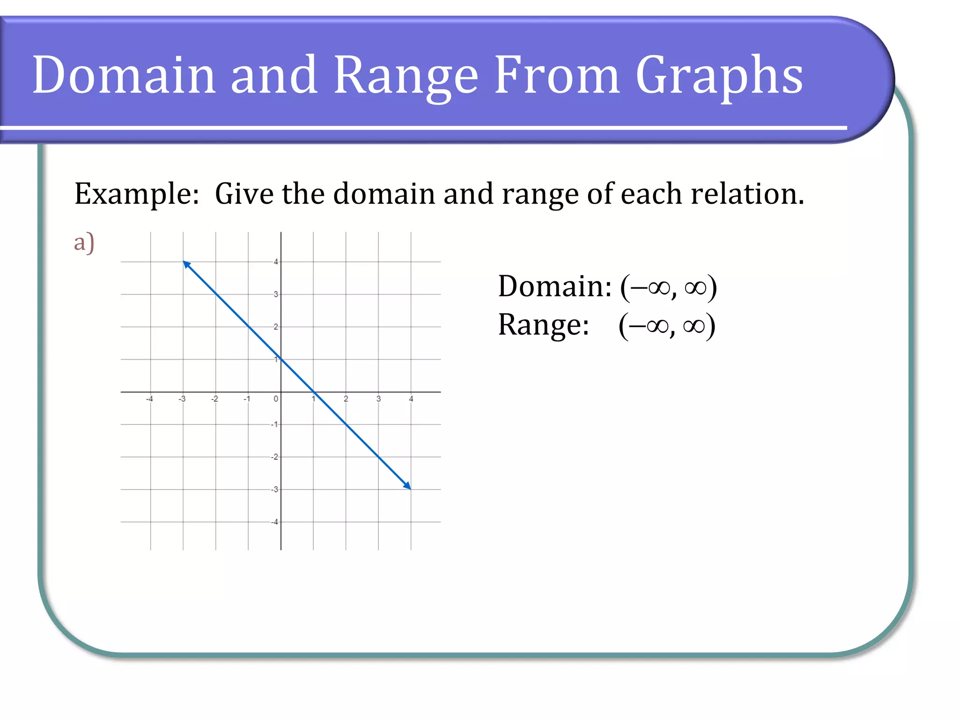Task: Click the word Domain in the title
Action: coord(124,75)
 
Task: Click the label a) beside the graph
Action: coord(84,242)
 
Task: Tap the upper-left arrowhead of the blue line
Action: coord(186,264)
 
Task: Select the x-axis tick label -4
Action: coord(149,399)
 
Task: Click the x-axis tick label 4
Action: coord(411,399)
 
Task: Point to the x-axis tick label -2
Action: coord(214,399)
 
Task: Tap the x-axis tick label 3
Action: coord(378,399)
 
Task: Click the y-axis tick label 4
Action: coord(276,262)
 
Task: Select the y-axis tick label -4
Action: coord(274,522)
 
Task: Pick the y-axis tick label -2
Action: coord(274,457)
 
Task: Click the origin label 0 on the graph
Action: coord(276,399)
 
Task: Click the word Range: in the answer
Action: coord(544,325)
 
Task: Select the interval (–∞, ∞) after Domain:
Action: coord(669,286)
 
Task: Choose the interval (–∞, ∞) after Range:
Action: coord(667,325)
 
